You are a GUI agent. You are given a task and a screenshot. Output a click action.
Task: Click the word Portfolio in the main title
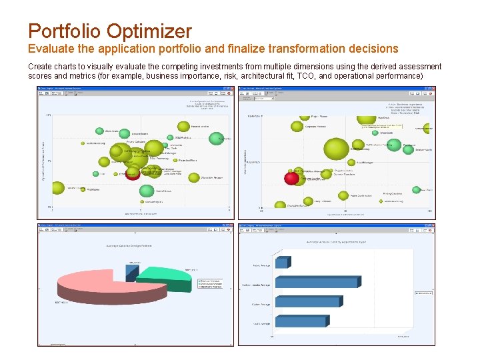coord(63,31)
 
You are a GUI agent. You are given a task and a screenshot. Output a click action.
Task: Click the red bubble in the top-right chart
coord(292,178)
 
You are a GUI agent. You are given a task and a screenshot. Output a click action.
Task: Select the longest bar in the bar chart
coord(317,283)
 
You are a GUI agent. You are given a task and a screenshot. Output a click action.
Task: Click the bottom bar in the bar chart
coord(300,321)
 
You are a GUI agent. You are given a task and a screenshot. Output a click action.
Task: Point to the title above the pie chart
coord(129,246)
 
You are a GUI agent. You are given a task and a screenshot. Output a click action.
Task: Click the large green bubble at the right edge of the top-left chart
coord(216,139)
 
